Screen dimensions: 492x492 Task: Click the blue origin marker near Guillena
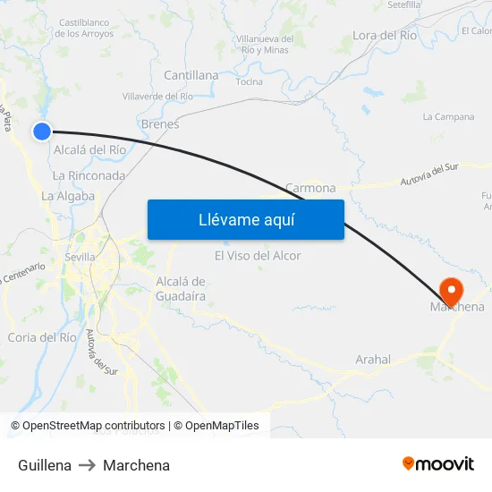[42, 131]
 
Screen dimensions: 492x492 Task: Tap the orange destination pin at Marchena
[451, 290]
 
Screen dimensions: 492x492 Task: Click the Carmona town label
[310, 188]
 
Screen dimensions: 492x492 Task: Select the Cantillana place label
[191, 75]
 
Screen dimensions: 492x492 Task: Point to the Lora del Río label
[385, 35]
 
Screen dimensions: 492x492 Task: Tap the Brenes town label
[160, 124]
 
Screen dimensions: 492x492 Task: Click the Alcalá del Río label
[90, 149]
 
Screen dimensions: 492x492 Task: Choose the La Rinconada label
[89, 175]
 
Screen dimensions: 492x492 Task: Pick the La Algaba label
[68, 196]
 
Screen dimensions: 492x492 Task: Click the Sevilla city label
[81, 257]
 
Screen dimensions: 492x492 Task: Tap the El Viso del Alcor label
[258, 256]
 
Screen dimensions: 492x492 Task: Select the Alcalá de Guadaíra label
[182, 288]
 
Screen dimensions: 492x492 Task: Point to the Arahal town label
[373, 360]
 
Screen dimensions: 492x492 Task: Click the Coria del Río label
[42, 337]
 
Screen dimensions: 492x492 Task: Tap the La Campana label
[448, 116]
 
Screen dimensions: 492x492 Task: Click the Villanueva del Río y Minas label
[264, 45]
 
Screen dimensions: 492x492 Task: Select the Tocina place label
[249, 82]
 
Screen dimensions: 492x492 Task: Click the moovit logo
[437, 464]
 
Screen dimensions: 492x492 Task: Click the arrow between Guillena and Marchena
[87, 465]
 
